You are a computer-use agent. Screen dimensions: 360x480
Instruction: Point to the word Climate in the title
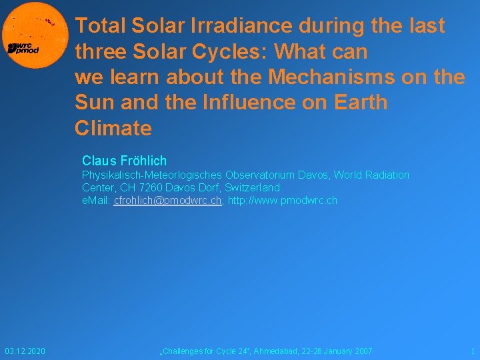(x=113, y=128)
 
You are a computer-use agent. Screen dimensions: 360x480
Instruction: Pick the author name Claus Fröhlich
(x=124, y=161)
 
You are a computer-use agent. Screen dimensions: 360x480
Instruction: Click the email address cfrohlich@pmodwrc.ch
(x=167, y=200)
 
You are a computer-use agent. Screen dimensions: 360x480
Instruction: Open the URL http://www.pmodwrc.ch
(x=283, y=200)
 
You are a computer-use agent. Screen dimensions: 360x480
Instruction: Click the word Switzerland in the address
(x=251, y=187)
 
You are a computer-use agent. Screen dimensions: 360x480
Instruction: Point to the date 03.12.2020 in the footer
(x=25, y=351)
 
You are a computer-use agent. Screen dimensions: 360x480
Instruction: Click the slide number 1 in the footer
(x=472, y=351)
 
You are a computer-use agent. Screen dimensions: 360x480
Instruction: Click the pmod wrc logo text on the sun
(x=24, y=48)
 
